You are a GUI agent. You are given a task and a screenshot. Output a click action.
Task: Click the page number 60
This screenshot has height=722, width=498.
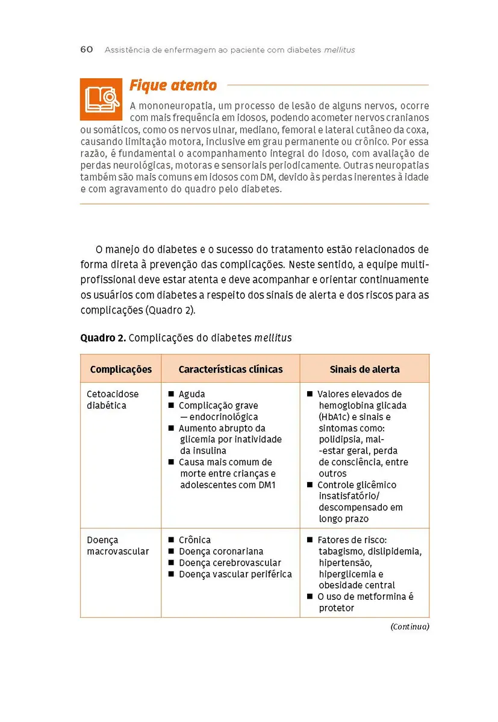tap(87, 49)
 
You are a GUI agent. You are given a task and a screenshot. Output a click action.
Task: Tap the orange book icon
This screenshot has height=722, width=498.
tap(101, 99)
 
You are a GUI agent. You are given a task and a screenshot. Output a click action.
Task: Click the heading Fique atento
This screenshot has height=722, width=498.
tap(173, 85)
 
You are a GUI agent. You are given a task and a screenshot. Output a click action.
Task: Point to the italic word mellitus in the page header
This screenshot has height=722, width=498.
tap(339, 50)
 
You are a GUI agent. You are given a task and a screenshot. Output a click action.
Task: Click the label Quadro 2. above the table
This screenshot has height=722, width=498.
tap(103, 338)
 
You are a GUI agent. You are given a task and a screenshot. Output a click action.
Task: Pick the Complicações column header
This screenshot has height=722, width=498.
tap(121, 369)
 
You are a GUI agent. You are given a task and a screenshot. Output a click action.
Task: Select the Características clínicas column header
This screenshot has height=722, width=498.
tap(231, 369)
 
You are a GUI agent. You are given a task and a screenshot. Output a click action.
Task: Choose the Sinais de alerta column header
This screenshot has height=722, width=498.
tap(364, 369)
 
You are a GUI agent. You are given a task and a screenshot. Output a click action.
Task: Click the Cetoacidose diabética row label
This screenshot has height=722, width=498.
tap(112, 400)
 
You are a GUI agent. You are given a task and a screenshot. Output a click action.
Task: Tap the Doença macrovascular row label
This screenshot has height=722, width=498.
tap(117, 545)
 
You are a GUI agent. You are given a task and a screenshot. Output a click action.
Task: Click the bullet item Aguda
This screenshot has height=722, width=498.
tap(191, 394)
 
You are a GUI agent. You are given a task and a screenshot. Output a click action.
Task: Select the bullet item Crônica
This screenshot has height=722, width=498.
tap(195, 540)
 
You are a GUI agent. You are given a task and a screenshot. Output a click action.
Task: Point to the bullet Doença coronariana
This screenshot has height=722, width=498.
tap(220, 551)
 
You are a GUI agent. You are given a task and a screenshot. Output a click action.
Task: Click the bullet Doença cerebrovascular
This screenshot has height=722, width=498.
tap(229, 563)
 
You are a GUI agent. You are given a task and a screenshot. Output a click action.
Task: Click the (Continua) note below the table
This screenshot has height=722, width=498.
tap(409, 626)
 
